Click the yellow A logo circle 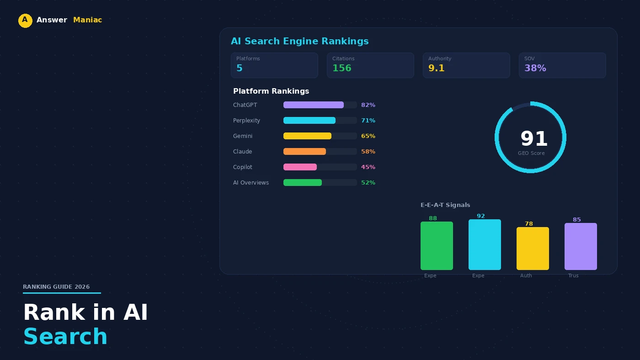coord(25,21)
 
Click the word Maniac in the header coord(87,20)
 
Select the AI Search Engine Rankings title coord(299,42)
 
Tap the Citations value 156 coord(341,69)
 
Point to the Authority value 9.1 coord(436,69)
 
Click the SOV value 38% coord(535,69)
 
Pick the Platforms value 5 coord(240,69)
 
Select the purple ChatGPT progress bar coord(313,105)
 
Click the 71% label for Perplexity coord(368,121)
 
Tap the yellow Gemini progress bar coord(307,136)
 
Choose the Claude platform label coord(242,152)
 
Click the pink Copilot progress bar coord(300,167)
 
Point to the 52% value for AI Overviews coord(368,183)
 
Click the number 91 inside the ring coord(533,139)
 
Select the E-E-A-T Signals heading coord(445,205)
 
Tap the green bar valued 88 coord(437,246)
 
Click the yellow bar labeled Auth coord(533,249)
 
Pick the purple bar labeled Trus coord(581,247)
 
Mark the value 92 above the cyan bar coord(480,216)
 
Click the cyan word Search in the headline coord(65,337)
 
